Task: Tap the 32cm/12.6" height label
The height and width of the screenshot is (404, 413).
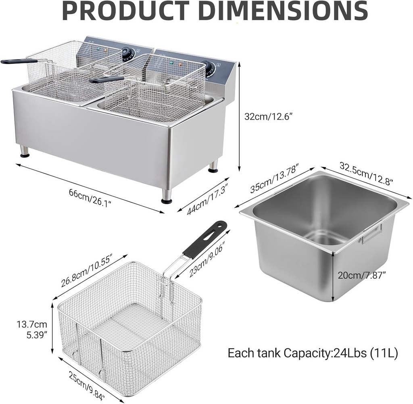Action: tap(268, 117)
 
